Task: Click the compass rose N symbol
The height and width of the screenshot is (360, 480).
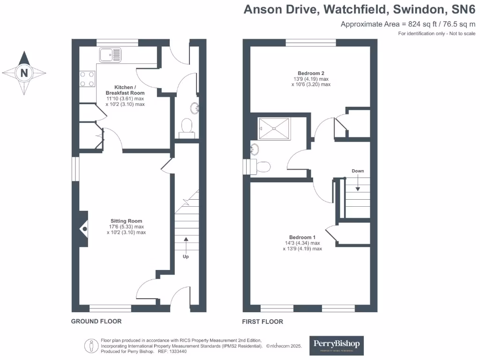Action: click(24, 73)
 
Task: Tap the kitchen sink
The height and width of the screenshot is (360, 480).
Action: click(110, 54)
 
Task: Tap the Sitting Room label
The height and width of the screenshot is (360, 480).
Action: click(126, 221)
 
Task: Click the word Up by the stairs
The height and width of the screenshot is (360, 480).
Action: click(186, 256)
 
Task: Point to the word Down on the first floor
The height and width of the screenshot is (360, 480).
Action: click(358, 171)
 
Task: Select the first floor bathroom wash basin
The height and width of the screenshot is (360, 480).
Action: click(255, 150)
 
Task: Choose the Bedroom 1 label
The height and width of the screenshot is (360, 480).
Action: click(302, 237)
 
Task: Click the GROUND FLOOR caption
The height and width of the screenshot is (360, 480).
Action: click(96, 322)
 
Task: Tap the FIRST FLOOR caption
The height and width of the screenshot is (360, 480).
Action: click(262, 322)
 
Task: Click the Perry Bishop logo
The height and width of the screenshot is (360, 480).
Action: click(337, 345)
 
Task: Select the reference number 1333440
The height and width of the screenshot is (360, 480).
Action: click(177, 351)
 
